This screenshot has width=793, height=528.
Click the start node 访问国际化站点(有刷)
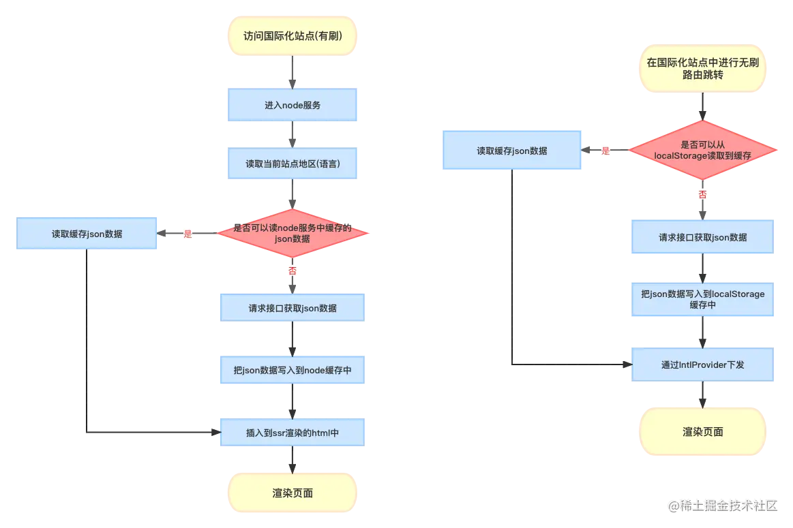pyautogui.click(x=292, y=36)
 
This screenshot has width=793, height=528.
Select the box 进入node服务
pyautogui.click(x=292, y=105)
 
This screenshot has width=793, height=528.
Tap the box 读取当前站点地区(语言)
pyautogui.click(x=292, y=164)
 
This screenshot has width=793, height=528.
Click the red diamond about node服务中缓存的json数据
pyautogui.click(x=293, y=234)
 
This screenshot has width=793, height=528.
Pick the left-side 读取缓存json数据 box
pyautogui.click(x=87, y=233)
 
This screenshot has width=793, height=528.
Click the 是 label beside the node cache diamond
pyautogui.click(x=188, y=234)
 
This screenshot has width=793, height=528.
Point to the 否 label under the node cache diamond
pyautogui.click(x=293, y=270)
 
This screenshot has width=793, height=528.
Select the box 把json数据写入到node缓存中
pyautogui.click(x=292, y=371)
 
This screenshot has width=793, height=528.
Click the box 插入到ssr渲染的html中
pyautogui.click(x=292, y=432)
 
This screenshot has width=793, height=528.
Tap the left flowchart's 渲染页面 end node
pyautogui.click(x=292, y=493)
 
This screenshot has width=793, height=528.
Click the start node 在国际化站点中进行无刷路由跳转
pyautogui.click(x=702, y=69)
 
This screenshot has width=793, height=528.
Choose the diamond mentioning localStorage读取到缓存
pyautogui.click(x=702, y=151)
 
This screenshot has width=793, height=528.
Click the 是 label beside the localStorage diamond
pyautogui.click(x=605, y=151)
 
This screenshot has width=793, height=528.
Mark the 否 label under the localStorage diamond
pyautogui.click(x=702, y=194)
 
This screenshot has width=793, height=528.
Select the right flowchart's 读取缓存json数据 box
pyautogui.click(x=511, y=151)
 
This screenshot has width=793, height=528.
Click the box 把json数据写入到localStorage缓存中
pyautogui.click(x=702, y=299)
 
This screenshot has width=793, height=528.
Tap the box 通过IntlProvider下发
pyautogui.click(x=702, y=364)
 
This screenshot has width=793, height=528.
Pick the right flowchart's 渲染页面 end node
pyautogui.click(x=702, y=431)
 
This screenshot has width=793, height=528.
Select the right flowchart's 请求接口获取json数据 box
pyautogui.click(x=702, y=237)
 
